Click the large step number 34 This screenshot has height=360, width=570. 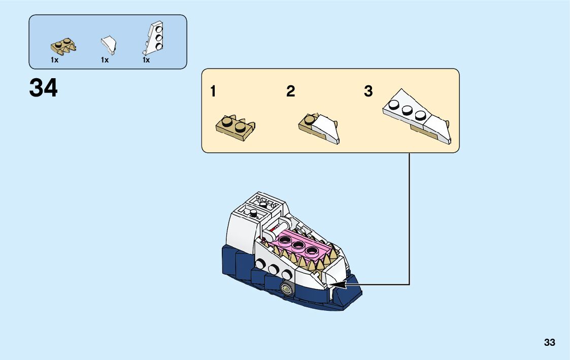coord(44,88)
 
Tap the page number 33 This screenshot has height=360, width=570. coord(549,343)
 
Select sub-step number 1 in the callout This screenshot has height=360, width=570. coord(213,91)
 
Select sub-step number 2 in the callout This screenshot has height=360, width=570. coord(290,91)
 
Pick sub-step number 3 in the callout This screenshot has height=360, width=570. coord(368,91)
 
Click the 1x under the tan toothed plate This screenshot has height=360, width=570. coord(55,60)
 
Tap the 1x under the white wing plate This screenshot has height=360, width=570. coord(146,60)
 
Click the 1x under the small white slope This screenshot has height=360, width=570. coord(105,60)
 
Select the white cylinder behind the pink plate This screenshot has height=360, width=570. coord(279,224)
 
